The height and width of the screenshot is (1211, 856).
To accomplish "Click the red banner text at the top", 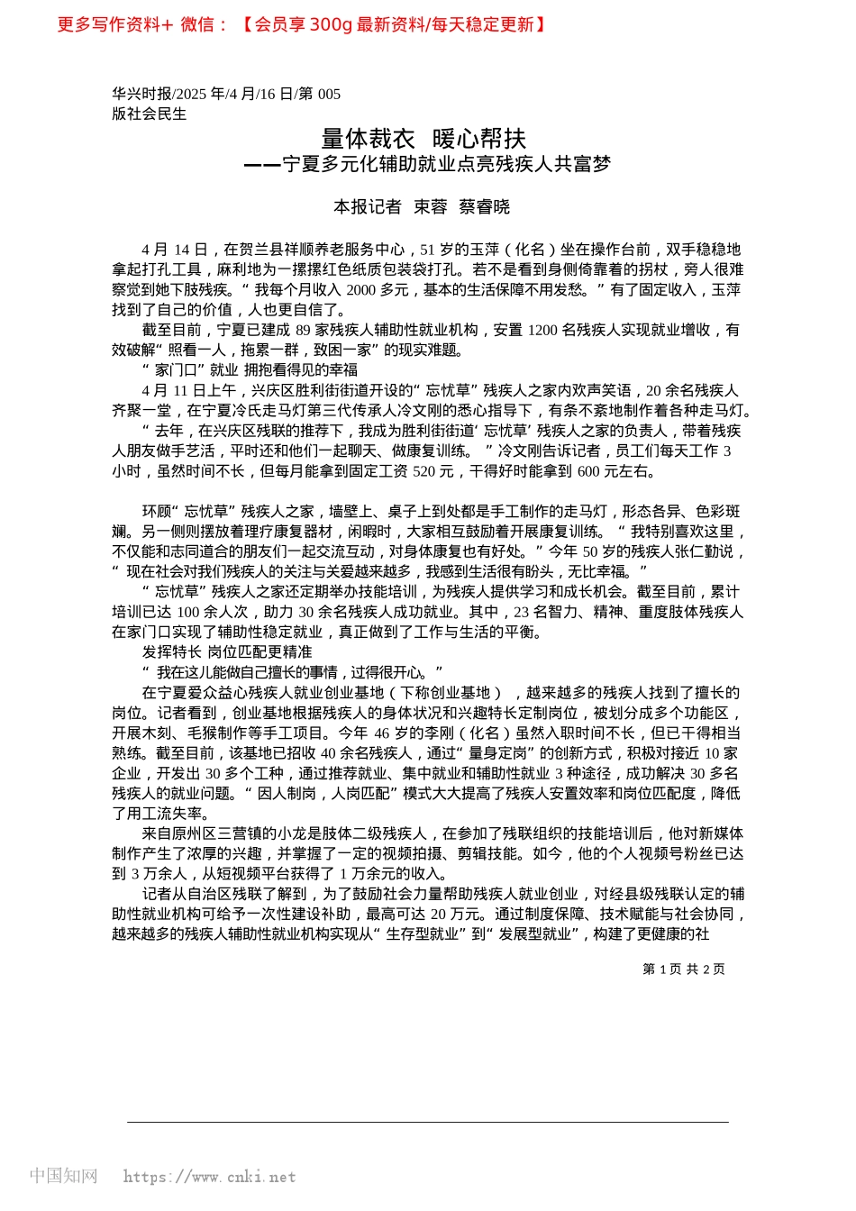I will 302,24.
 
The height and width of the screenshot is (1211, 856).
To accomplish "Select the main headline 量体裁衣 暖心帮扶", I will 423,139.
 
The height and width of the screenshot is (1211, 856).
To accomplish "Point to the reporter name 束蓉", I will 431,207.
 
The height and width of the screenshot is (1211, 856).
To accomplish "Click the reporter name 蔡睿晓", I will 485,207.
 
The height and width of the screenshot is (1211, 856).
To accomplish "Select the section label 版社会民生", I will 150,114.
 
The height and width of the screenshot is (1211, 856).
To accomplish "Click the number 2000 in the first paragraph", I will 360,290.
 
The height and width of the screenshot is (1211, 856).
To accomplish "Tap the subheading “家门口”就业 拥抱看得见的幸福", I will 250,370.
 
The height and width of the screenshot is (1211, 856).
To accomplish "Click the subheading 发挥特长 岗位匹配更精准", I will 227,652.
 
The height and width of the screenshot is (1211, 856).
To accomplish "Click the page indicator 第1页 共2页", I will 683,970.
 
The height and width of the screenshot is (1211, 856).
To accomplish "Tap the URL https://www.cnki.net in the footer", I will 209,1177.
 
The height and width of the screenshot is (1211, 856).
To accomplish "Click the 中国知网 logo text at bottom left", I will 63,1176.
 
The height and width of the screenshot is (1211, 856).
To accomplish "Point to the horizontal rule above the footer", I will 428,1123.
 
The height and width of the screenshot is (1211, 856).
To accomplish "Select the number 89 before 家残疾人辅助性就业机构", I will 303,331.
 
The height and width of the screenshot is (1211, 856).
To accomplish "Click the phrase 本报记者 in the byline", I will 368,207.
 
